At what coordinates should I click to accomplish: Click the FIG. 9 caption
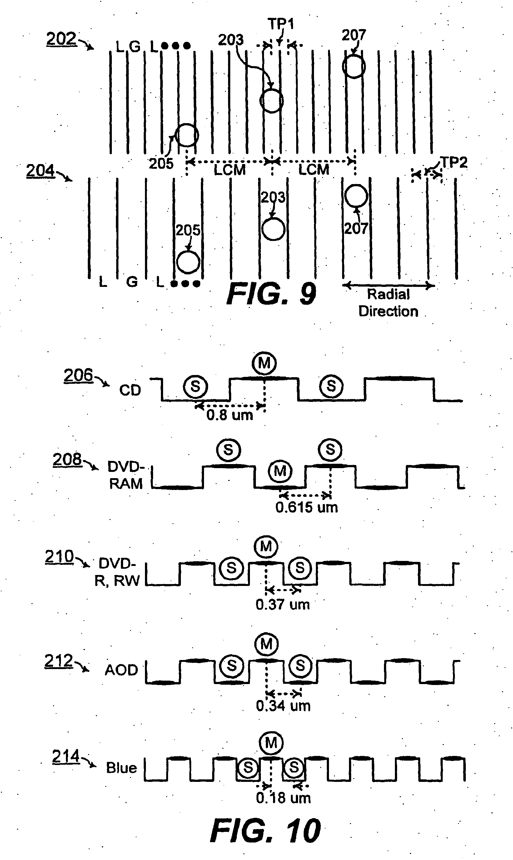click(x=271, y=293)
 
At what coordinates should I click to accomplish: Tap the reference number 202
click(x=61, y=38)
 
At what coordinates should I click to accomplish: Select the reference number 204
click(x=40, y=170)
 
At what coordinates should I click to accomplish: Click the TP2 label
click(x=454, y=162)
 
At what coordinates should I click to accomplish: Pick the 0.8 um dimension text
click(x=230, y=415)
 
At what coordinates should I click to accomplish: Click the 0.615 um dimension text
click(x=306, y=507)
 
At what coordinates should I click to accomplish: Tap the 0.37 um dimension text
click(x=283, y=605)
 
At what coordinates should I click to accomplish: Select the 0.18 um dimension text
click(x=283, y=798)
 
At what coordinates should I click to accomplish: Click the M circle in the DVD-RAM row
click(x=280, y=471)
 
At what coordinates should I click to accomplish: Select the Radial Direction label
click(x=388, y=303)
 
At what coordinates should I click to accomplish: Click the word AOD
click(x=121, y=670)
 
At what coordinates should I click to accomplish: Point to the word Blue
click(x=121, y=768)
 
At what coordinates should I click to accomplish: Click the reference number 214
click(x=66, y=756)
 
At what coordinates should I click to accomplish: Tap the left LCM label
click(x=230, y=170)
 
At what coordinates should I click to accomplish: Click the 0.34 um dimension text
click(x=283, y=706)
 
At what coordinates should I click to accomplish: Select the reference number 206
click(x=78, y=375)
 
